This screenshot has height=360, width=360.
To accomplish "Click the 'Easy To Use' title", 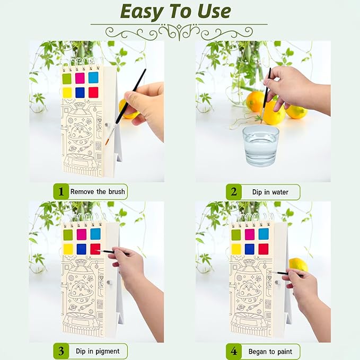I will [175, 11].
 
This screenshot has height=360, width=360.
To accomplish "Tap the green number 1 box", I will [61, 191].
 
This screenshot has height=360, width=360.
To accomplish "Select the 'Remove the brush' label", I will [99, 191].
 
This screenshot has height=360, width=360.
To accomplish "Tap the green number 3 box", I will [61, 351].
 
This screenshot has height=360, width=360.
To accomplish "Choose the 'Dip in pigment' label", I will [99, 351].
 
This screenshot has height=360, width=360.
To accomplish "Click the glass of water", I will [261, 145].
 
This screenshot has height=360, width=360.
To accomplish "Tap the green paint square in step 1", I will [67, 78].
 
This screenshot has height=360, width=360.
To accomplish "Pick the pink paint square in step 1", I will [80, 78].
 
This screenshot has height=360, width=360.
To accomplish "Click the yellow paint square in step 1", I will [67, 92].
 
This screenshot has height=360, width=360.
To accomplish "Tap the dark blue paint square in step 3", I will [82, 249].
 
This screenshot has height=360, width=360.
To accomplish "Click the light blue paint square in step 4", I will [263, 234].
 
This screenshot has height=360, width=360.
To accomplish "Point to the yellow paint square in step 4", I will [236, 249].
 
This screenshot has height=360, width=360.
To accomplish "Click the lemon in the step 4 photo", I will [298, 264].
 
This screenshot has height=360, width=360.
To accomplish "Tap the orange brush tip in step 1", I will [108, 142].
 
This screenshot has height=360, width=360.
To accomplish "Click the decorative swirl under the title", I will [179, 32].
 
